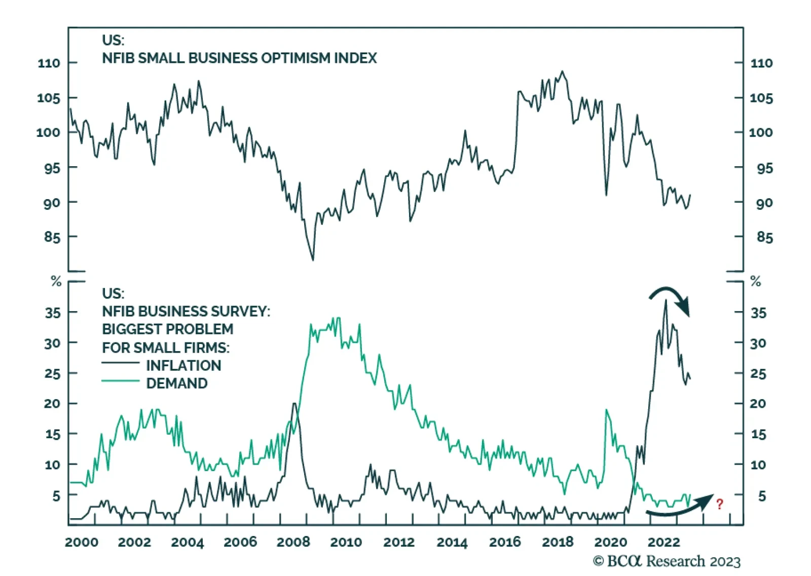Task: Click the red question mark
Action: (720, 504)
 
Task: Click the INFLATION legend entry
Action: (183, 365)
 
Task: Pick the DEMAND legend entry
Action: (176, 383)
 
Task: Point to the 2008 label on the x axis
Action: (293, 542)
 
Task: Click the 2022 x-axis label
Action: (663, 542)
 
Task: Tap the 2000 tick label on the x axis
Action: (82, 542)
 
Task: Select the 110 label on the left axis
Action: (49, 63)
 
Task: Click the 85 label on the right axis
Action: (764, 237)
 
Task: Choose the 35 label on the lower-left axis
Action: (53, 313)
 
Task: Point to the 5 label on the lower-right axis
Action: (762, 496)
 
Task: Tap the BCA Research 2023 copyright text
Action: (667, 561)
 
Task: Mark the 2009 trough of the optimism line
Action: (313, 259)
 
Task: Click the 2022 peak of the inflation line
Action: (666, 301)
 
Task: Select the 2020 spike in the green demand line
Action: (606, 410)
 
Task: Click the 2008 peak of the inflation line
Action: (294, 404)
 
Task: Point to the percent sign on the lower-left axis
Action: (56, 282)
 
